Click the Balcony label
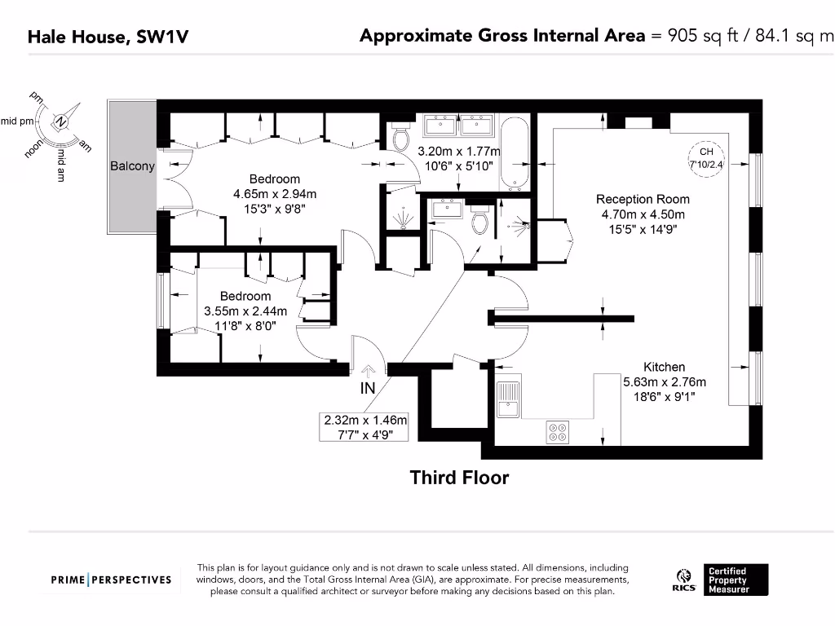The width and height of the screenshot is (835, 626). [x=132, y=166]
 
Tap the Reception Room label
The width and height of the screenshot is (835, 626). [x=643, y=199]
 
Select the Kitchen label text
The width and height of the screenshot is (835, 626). [x=664, y=367]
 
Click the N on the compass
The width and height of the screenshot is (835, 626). [x=60, y=123]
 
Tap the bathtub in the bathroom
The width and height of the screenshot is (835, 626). [x=514, y=154]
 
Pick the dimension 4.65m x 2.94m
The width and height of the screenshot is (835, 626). [x=274, y=194]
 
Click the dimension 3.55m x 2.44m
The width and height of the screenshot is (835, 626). [x=245, y=311]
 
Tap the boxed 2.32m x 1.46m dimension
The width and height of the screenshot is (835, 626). [x=364, y=427]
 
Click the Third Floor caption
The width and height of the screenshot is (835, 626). [x=459, y=478]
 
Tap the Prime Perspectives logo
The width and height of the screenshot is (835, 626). [x=111, y=580]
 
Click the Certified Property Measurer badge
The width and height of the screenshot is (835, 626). [x=737, y=580]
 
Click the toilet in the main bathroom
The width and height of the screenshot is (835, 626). [x=400, y=139]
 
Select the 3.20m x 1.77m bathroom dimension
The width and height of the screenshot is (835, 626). [x=458, y=152]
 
